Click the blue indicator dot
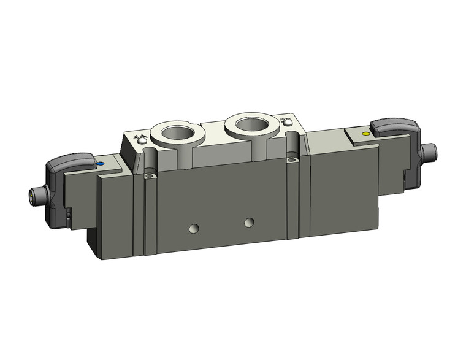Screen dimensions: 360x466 tap(101, 165)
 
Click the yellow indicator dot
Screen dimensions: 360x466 tap(366, 133)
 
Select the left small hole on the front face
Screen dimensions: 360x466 tap(194, 229)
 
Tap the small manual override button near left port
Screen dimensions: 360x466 tap(142, 142)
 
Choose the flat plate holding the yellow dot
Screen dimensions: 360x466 tap(362, 136)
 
